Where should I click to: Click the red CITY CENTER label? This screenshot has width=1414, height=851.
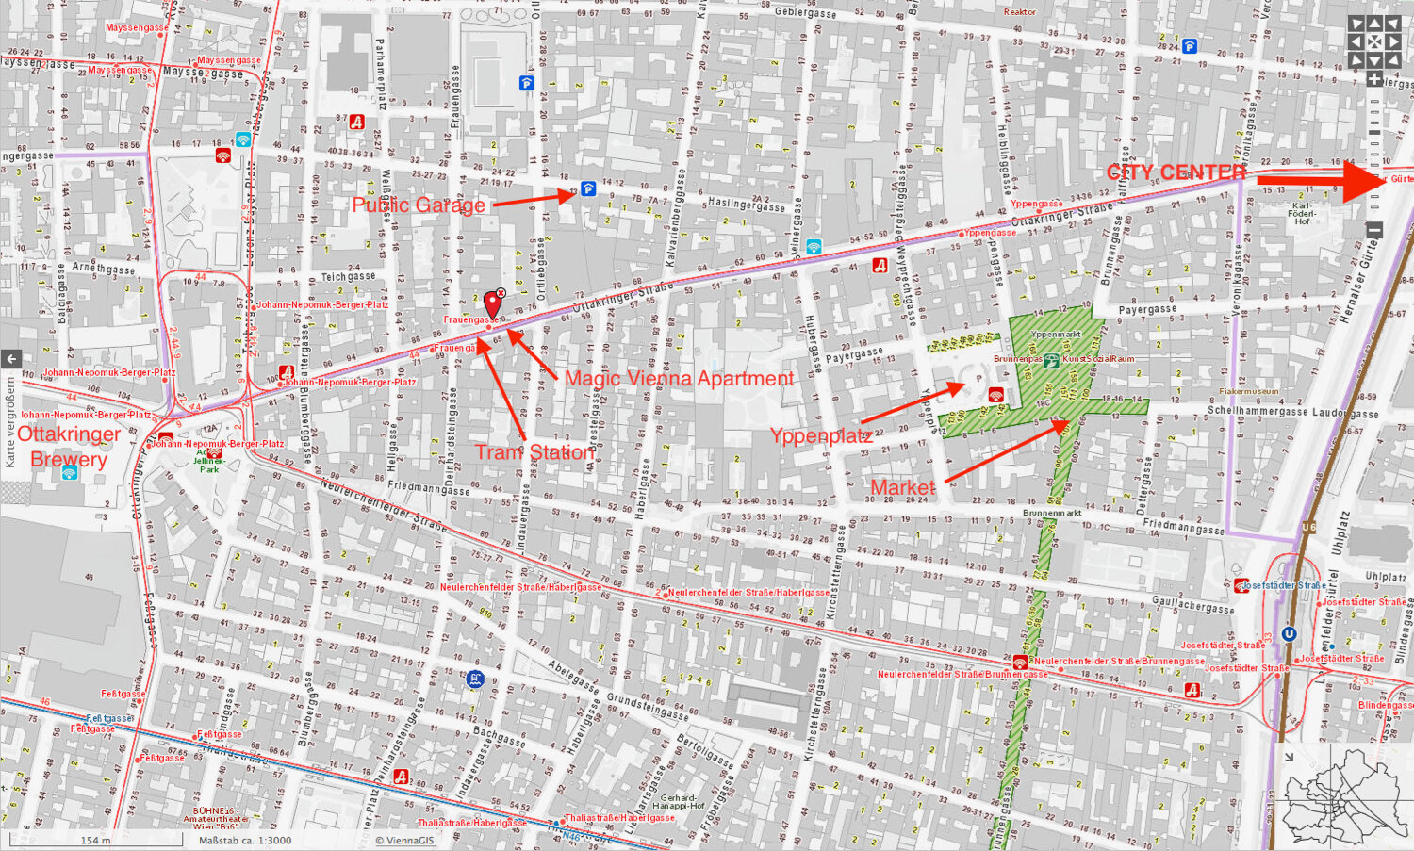[1176, 172]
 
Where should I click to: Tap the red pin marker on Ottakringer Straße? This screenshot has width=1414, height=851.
[492, 303]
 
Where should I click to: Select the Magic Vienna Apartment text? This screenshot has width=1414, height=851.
[679, 379]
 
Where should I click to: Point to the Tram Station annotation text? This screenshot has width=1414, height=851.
[534, 452]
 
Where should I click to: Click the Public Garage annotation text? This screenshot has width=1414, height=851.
[419, 205]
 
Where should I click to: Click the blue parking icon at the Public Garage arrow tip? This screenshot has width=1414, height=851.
[588, 188]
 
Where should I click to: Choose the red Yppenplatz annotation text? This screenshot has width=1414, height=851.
[820, 435]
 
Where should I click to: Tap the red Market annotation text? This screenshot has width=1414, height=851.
[902, 487]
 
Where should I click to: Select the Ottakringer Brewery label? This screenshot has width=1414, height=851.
[69, 447]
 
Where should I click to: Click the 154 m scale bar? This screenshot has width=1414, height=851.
[95, 840]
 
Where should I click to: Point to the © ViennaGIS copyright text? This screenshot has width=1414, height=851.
[404, 840]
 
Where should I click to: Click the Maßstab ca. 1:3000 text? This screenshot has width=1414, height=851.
[245, 840]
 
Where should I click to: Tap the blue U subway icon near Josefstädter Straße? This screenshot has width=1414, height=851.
[1289, 634]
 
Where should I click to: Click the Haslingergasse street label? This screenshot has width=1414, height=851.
[746, 205]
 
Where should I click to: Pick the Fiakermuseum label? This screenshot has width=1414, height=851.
[1249, 391]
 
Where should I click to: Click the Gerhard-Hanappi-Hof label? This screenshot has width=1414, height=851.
[679, 802]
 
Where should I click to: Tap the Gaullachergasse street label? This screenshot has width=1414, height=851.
[1192, 605]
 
